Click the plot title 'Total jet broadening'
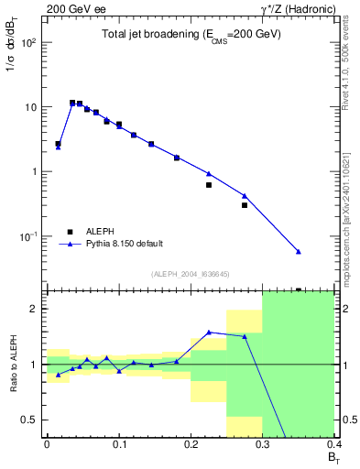191,35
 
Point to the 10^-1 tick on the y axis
29,236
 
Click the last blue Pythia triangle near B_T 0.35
299,251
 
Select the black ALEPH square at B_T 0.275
245,205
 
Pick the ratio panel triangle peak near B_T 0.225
209,332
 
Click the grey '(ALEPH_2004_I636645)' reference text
191,274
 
